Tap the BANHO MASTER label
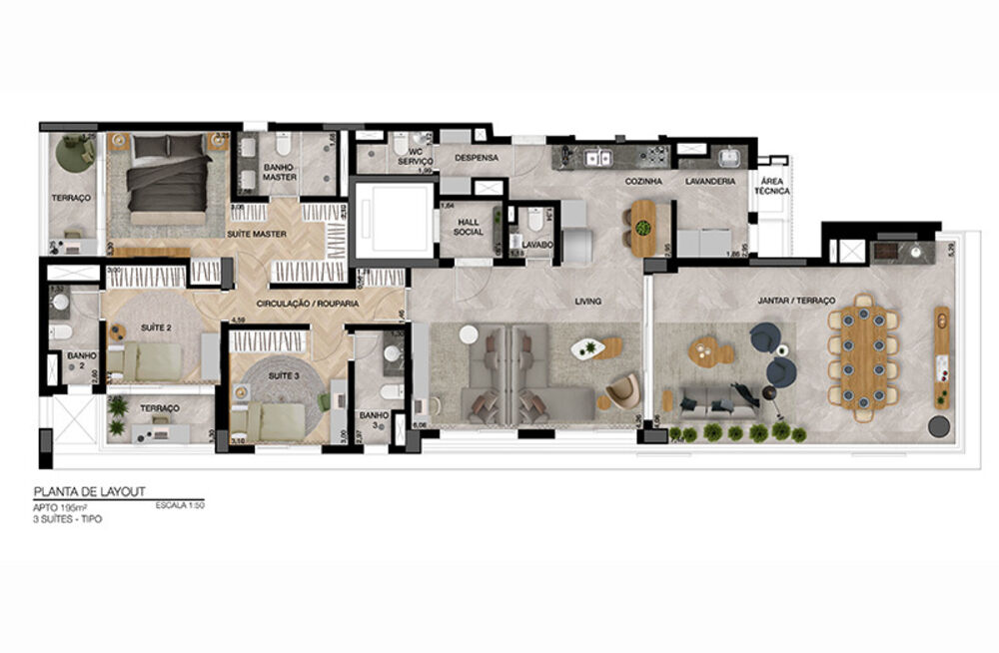pos(280,172)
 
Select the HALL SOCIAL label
pos(468,227)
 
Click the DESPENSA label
pos(477,158)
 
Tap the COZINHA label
pos(642,182)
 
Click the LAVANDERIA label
pos(710,182)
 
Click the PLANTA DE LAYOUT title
pos(91,492)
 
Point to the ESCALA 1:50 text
pos(179,506)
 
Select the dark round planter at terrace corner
pos(938,426)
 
